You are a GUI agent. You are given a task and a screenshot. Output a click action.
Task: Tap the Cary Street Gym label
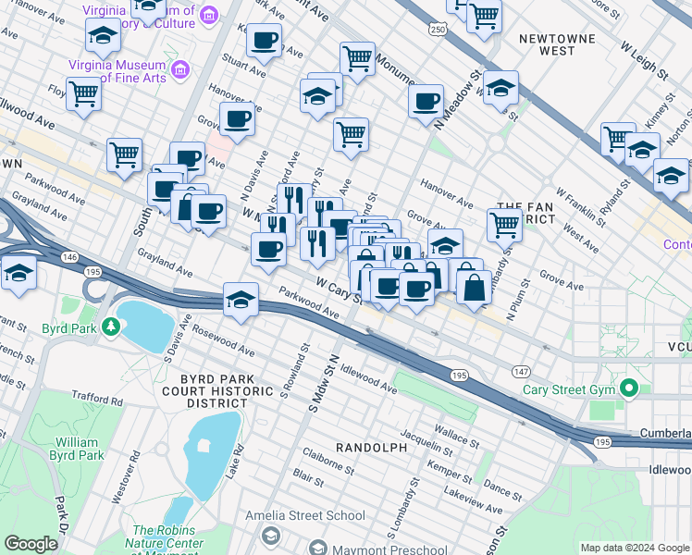pyautogui.click(x=563, y=388)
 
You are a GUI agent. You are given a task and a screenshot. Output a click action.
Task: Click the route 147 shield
pyautogui.click(x=521, y=371)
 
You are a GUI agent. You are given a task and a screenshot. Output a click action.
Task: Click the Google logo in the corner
pyautogui.click(x=31, y=543)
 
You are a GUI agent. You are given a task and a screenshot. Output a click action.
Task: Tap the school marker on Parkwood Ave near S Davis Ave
pyautogui.click(x=241, y=300)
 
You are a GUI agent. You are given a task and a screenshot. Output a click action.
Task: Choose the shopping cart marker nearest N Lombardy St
pyautogui.click(x=504, y=223)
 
